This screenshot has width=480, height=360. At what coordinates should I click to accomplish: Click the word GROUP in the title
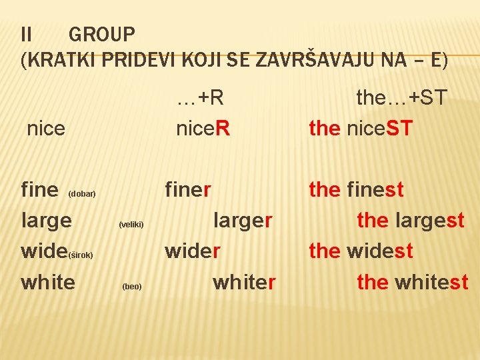pyautogui.click(x=101, y=33)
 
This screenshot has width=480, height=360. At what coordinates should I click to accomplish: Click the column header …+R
pyautogui.click(x=200, y=98)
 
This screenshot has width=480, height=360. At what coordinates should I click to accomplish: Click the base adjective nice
pyautogui.click(x=46, y=128)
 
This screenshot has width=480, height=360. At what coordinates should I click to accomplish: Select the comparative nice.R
pyautogui.click(x=203, y=128)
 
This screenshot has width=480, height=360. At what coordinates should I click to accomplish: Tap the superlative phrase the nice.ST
pyautogui.click(x=361, y=128)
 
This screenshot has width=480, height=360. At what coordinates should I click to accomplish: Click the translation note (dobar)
pyautogui.click(x=83, y=194)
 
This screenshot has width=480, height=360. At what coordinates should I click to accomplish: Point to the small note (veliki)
pyautogui.click(x=131, y=225)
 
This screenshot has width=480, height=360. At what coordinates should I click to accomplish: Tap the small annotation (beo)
pyautogui.click(x=131, y=287)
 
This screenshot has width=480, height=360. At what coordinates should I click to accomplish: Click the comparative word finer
pyautogui.click(x=188, y=190)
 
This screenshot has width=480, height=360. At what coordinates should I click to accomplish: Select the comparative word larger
pyautogui.click(x=243, y=221)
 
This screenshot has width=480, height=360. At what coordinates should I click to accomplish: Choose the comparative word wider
pyautogui.click(x=193, y=251)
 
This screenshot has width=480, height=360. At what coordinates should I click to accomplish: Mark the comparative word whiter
pyautogui.click(x=243, y=282)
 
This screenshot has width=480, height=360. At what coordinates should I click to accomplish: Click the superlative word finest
pyautogui.click(x=375, y=190)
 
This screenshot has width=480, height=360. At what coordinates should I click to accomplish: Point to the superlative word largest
pyautogui.click(x=429, y=221)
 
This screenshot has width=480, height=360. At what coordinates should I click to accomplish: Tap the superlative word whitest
pyautogui.click(x=431, y=282)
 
